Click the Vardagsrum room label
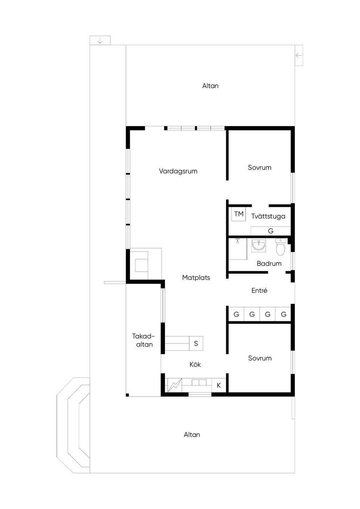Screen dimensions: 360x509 click(178, 171)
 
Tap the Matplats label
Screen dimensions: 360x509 click(196, 277)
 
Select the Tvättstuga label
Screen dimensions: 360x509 click(268, 216)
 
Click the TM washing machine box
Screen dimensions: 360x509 click(239, 214)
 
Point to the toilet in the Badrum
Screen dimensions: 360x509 click(281, 246)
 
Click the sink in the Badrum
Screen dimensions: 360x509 click(259, 245)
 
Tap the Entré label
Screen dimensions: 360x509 click(259, 290)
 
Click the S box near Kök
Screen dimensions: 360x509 click(196, 343)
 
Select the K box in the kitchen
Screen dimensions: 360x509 click(219, 385)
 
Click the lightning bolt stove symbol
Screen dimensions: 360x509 click(175, 385)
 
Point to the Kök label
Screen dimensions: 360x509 click(195, 365)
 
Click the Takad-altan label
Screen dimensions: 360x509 click(144, 340)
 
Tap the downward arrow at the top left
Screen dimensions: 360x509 click(100, 41)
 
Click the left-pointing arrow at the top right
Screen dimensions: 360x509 click(298, 55)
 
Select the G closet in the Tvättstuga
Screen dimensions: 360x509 click(270, 231)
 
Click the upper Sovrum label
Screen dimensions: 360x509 click(259, 168)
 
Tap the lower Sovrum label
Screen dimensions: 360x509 click(260, 358)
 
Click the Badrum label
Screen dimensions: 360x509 click(269, 264)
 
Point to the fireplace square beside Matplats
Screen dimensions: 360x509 click(142, 265)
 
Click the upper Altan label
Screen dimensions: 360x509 click(210, 86)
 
